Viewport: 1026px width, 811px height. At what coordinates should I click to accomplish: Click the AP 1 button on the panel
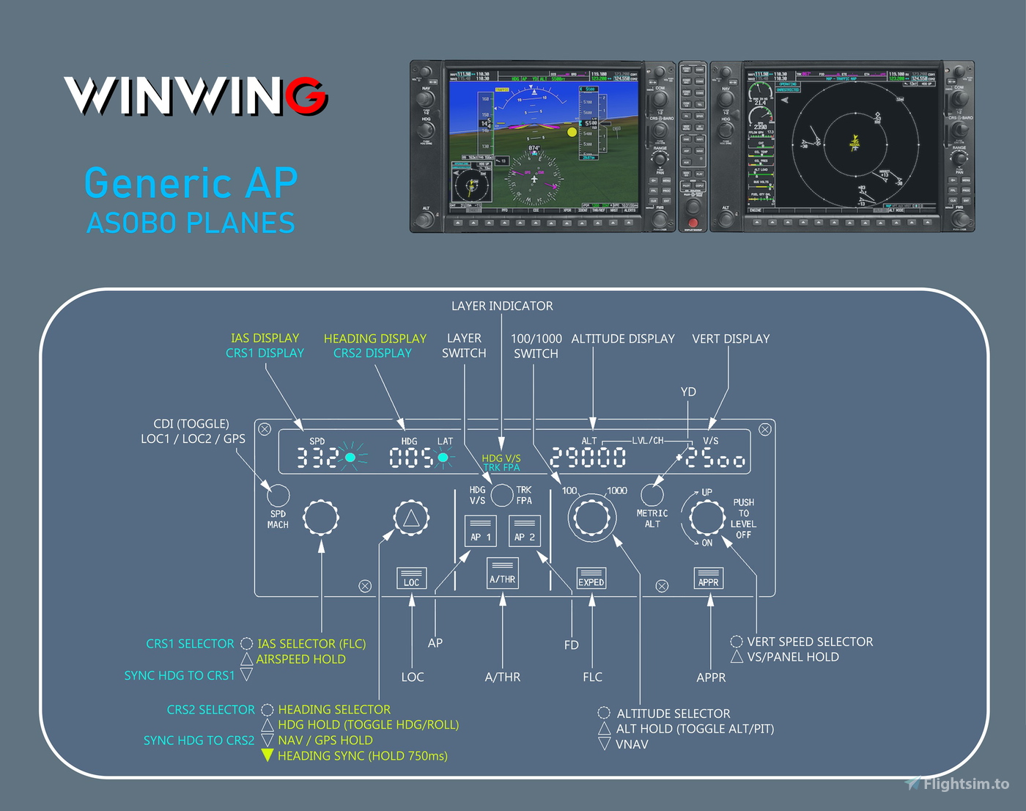point(481,531)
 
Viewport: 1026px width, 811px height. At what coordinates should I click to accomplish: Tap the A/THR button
point(503,573)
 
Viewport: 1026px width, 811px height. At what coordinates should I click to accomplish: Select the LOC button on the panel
point(411,578)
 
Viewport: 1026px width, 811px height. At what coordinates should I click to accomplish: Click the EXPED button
point(591,578)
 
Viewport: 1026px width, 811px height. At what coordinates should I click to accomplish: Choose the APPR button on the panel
point(709,578)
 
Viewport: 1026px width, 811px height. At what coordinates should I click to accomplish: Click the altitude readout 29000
point(588,458)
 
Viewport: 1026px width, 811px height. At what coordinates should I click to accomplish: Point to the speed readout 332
point(317,458)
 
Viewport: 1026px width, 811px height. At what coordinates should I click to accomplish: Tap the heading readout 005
point(410,458)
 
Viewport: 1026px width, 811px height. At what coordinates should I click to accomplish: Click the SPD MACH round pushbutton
point(278,495)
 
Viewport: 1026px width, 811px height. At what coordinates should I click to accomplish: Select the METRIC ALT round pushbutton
point(652,495)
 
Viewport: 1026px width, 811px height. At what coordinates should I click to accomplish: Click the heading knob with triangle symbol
point(411,518)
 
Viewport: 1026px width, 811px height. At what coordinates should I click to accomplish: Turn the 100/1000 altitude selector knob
point(591,518)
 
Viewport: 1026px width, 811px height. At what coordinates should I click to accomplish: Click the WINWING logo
point(196,96)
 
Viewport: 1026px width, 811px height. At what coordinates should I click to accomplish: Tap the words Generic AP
point(191,183)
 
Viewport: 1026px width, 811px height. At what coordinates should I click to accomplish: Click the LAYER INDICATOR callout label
point(502,306)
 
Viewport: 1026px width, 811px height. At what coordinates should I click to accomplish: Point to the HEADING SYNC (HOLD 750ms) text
point(362,756)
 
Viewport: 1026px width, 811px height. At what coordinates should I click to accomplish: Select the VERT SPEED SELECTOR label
point(810,642)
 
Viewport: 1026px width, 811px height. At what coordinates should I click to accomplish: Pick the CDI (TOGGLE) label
point(191,424)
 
